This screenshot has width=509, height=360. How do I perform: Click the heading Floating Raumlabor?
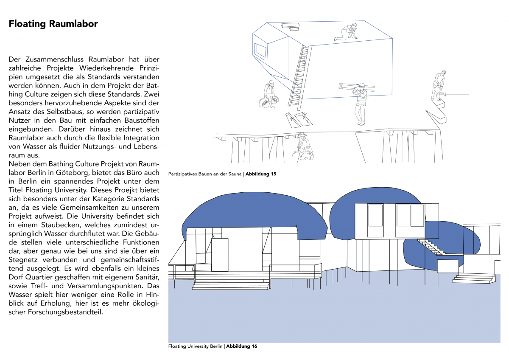53,24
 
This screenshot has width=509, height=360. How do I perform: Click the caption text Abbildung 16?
242,346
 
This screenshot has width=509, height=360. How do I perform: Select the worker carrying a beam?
360,102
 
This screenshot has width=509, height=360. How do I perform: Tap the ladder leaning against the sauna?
299,76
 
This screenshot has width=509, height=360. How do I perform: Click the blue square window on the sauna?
260,51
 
